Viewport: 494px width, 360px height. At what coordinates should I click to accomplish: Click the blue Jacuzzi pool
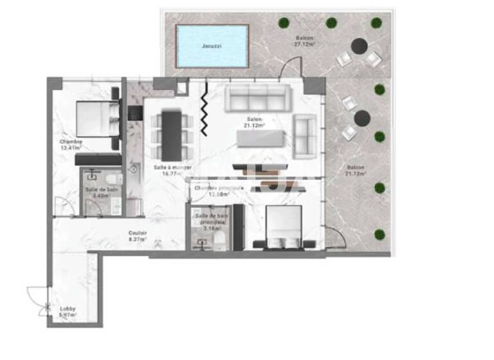point(212,46)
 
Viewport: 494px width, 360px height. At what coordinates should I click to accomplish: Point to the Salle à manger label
point(167,169)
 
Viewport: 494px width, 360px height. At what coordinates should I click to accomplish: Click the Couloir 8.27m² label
point(137,236)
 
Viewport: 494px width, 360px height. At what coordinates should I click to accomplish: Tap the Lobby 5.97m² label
point(68,312)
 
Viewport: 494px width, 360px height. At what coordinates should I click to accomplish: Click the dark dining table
point(170,136)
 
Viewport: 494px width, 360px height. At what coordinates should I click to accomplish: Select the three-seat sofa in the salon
point(257,99)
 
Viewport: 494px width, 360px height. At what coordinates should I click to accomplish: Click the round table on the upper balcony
point(358,46)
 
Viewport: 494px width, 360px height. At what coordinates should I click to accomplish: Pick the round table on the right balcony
point(361,118)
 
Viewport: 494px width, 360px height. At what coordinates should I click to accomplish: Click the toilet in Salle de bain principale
point(219,240)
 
